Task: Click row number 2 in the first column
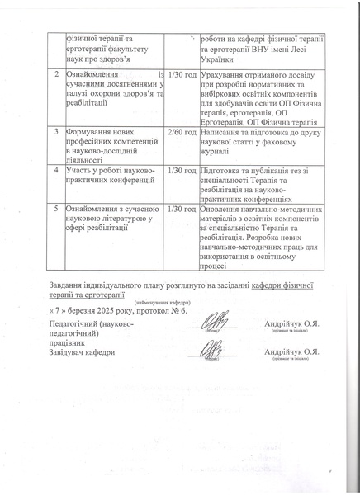click(x=55, y=75)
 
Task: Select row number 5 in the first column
click(x=55, y=209)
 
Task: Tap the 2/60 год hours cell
click(x=181, y=131)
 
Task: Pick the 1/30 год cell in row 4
click(x=181, y=170)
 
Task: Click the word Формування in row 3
click(x=91, y=131)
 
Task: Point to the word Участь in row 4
click(x=81, y=170)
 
